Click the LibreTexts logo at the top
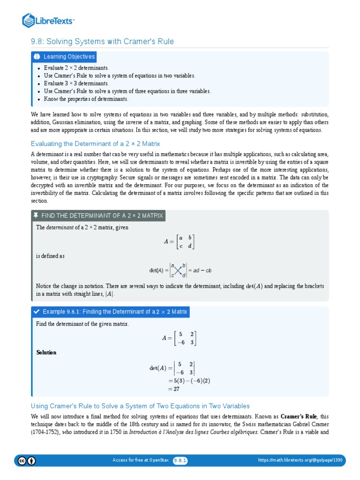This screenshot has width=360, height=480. [x=48, y=20]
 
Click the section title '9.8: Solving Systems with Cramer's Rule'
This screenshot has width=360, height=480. [x=102, y=42]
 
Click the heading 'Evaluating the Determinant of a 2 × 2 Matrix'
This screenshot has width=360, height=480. [x=95, y=144]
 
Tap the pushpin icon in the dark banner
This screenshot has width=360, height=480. [x=36, y=216]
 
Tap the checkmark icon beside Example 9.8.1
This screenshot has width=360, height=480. [x=36, y=312]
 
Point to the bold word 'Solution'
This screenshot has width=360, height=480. [x=46, y=352]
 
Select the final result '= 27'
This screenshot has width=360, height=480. [x=174, y=389]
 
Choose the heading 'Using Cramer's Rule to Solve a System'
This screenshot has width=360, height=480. [x=140, y=406]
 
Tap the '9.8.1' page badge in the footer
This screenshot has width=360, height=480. [x=180, y=460]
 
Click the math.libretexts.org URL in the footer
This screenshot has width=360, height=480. [x=300, y=460]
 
